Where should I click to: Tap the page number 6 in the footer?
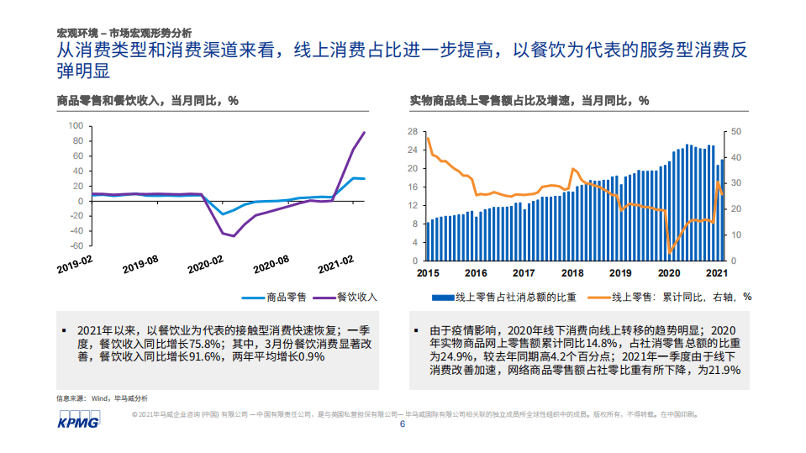click(403, 424)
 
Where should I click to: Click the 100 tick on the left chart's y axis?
click(75, 126)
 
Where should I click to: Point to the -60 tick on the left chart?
click(74, 246)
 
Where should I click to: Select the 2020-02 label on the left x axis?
click(205, 265)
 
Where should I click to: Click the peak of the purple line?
click(364, 132)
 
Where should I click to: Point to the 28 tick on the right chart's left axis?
click(412, 132)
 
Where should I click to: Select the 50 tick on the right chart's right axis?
click(737, 132)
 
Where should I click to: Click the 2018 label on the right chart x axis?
click(572, 273)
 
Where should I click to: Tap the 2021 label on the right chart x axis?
click(716, 273)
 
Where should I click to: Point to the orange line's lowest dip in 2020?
click(670, 252)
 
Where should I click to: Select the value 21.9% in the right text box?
click(719, 370)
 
